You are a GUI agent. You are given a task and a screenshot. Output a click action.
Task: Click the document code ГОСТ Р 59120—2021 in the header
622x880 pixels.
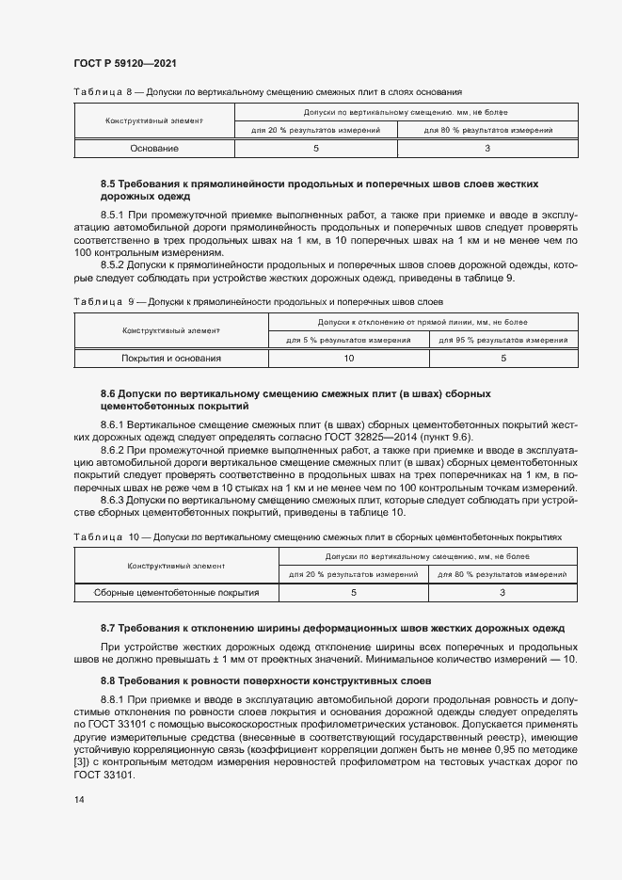coord(124,63)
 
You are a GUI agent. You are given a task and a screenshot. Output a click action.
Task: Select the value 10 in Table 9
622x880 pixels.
coord(348,359)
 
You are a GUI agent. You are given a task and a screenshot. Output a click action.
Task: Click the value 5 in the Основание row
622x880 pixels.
coord(315,149)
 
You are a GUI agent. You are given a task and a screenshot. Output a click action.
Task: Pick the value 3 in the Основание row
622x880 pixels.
coord(487,149)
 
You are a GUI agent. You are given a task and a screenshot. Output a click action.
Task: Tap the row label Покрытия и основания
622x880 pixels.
coord(171,359)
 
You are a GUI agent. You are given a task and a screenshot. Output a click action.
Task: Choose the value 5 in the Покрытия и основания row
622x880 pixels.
coord(502,359)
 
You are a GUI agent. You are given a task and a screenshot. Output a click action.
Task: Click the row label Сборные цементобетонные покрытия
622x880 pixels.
coord(177,593)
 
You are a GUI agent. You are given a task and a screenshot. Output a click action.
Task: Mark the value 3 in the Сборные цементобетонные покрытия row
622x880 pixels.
coord(502,593)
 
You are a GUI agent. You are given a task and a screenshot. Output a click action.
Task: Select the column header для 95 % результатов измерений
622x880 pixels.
coord(502,340)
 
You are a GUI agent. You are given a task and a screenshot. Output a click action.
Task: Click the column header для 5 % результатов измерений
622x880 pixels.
coord(348,340)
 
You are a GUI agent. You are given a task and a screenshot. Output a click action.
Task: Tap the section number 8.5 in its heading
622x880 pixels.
coord(108,184)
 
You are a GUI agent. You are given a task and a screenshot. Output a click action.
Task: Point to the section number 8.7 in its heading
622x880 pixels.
coord(108,627)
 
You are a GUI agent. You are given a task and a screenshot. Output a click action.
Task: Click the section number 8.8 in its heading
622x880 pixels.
coord(108,680)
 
